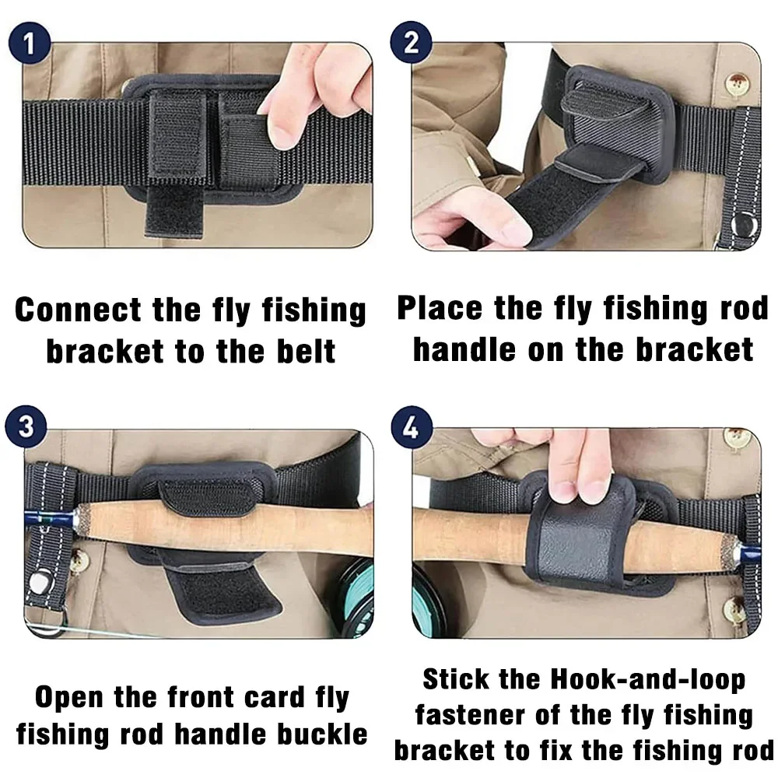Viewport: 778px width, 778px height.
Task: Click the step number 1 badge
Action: tap(30, 43)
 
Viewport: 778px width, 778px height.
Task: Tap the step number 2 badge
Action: tap(411, 42)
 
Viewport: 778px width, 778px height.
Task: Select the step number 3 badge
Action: tap(26, 426)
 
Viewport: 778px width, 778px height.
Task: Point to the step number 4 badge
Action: tap(412, 427)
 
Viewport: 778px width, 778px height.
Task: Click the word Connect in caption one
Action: tap(78, 310)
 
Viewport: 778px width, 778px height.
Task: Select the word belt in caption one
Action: tap(306, 352)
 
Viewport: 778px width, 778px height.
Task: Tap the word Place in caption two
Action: tap(440, 308)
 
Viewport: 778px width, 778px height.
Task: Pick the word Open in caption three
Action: tap(68, 698)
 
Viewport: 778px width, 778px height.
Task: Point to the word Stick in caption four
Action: tap(455, 679)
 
